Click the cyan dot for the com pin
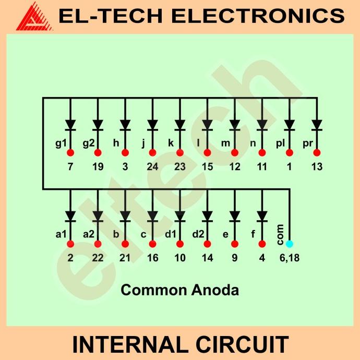point(290,244)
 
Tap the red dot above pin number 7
point(70,153)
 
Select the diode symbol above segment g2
point(98,125)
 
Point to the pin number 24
point(152,167)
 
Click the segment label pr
point(307,142)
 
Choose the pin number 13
point(317,167)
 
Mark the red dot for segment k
point(180,153)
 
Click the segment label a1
point(61,234)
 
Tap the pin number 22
point(98,258)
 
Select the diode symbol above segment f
point(262,215)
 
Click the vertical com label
point(281,234)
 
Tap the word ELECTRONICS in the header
point(258,16)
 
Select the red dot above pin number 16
point(152,244)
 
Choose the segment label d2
point(198,234)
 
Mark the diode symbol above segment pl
point(289,125)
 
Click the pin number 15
point(207,167)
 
